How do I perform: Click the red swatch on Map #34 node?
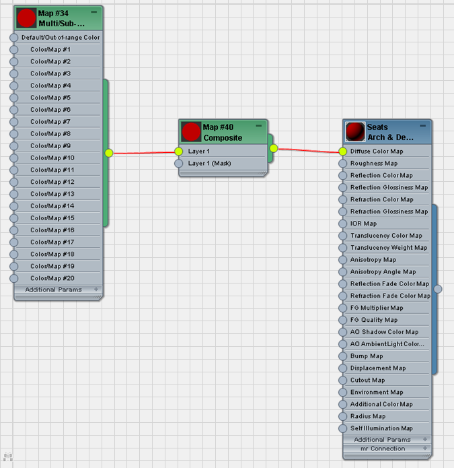[26, 18]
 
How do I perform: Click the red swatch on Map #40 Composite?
[191, 131]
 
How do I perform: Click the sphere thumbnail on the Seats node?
[355, 131]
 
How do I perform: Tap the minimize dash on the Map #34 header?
[94, 12]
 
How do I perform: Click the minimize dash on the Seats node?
[422, 126]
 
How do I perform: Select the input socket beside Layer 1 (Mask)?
[178, 163]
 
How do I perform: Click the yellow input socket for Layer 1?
[178, 152]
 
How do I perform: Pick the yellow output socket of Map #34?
[109, 153]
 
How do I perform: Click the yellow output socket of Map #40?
[274, 148]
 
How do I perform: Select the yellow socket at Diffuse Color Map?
[343, 152]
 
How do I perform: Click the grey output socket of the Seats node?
[438, 289]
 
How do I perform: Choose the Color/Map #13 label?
[52, 194]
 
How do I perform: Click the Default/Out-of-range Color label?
[61, 38]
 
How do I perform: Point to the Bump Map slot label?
[367, 356]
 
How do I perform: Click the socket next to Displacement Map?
[343, 368]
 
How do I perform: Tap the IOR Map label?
[363, 224]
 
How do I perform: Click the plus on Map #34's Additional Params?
[96, 289]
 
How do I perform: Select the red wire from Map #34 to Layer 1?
[144, 153]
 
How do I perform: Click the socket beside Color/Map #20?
[13, 278]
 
